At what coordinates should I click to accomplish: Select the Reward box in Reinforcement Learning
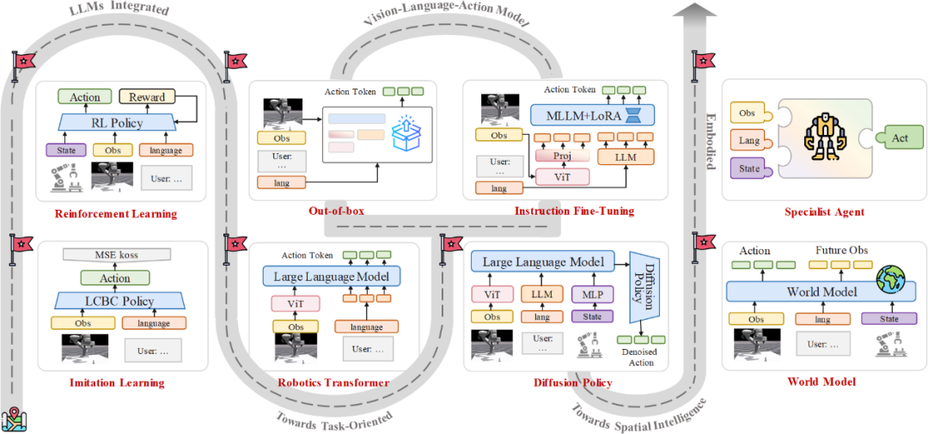click(148, 97)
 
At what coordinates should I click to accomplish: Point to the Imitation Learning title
click(116, 382)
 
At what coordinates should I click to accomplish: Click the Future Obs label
click(841, 251)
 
